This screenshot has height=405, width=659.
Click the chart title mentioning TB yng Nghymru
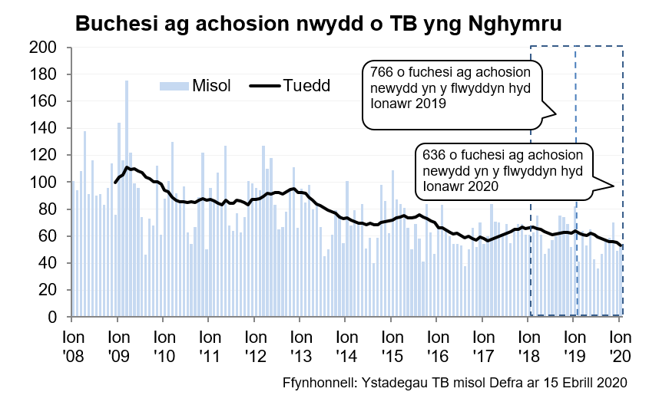[x=318, y=24]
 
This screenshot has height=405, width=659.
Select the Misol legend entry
[x=195, y=85]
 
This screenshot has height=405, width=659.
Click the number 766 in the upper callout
[x=382, y=71]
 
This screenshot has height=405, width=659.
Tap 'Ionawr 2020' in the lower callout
[x=456, y=186]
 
